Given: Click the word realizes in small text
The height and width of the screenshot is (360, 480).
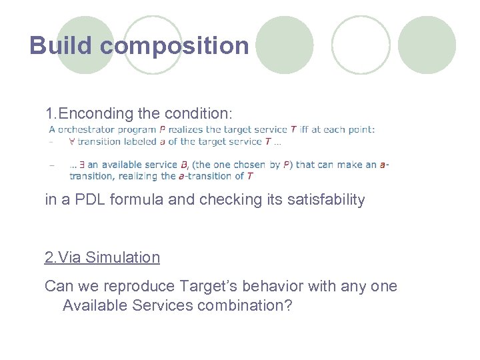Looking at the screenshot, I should coord(197,129).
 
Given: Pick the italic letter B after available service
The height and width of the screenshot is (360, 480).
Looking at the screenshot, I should coord(183,165).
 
